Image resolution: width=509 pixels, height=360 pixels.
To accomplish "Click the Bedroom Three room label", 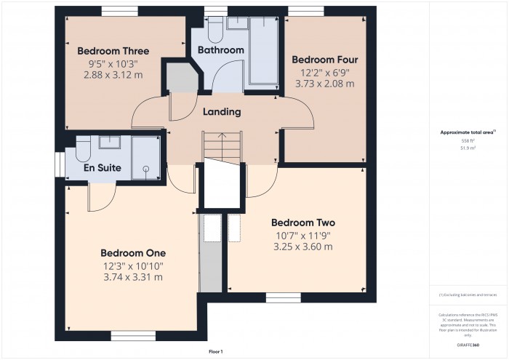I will click(x=113, y=51).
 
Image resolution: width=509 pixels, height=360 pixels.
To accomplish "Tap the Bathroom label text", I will click(x=220, y=50).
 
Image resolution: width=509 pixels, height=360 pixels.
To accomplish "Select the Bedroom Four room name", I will click(x=324, y=60).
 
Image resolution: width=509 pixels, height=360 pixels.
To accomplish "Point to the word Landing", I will click(x=223, y=112).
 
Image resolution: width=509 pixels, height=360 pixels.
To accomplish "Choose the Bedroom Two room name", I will click(x=302, y=223).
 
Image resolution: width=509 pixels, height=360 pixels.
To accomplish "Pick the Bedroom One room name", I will click(x=133, y=253).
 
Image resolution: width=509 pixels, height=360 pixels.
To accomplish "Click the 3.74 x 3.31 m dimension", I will click(x=133, y=277).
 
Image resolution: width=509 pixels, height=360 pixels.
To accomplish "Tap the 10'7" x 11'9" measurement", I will click(x=302, y=235).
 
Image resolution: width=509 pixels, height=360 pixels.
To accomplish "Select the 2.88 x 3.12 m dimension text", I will click(x=113, y=75).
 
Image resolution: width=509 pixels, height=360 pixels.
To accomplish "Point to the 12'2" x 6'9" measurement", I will click(x=324, y=72).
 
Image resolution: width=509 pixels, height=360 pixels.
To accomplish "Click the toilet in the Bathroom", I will click(x=214, y=30).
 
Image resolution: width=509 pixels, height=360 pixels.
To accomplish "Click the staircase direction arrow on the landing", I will click(x=223, y=136).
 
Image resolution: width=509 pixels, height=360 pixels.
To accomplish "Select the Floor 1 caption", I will click(x=216, y=351).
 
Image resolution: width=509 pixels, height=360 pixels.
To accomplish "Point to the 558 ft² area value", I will click(x=468, y=140).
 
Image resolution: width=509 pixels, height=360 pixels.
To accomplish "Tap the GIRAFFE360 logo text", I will click(x=468, y=343).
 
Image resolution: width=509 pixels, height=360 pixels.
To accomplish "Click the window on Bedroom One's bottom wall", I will click(x=132, y=336).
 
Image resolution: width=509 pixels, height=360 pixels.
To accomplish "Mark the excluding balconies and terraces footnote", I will click(x=468, y=295).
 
